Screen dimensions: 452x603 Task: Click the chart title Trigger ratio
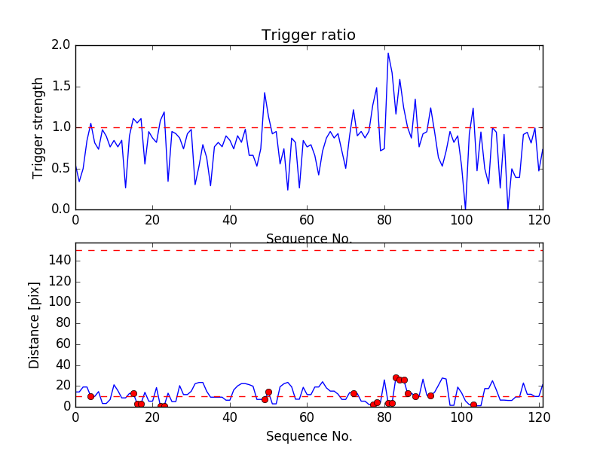click(x=308, y=35)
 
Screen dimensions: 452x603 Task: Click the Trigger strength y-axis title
click(x=38, y=127)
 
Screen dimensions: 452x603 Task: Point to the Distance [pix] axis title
click(x=35, y=324)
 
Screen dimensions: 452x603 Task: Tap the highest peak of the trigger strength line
click(x=388, y=53)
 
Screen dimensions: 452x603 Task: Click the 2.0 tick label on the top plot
click(x=62, y=46)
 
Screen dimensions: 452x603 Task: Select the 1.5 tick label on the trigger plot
click(x=62, y=87)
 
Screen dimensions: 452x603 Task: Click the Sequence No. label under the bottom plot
click(x=308, y=436)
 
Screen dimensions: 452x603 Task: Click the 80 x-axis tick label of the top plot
click(x=384, y=221)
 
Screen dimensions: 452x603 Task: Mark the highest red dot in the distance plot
click(x=396, y=377)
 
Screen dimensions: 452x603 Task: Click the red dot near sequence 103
click(x=473, y=405)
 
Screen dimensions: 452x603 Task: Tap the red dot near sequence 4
click(x=90, y=396)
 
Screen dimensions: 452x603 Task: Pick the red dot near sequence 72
click(x=354, y=393)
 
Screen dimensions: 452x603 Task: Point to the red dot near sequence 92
click(x=430, y=395)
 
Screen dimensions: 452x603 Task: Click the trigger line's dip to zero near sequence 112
click(x=508, y=209)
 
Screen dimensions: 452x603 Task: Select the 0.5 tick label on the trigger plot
click(x=62, y=169)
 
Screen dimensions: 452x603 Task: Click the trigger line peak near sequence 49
click(x=265, y=93)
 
